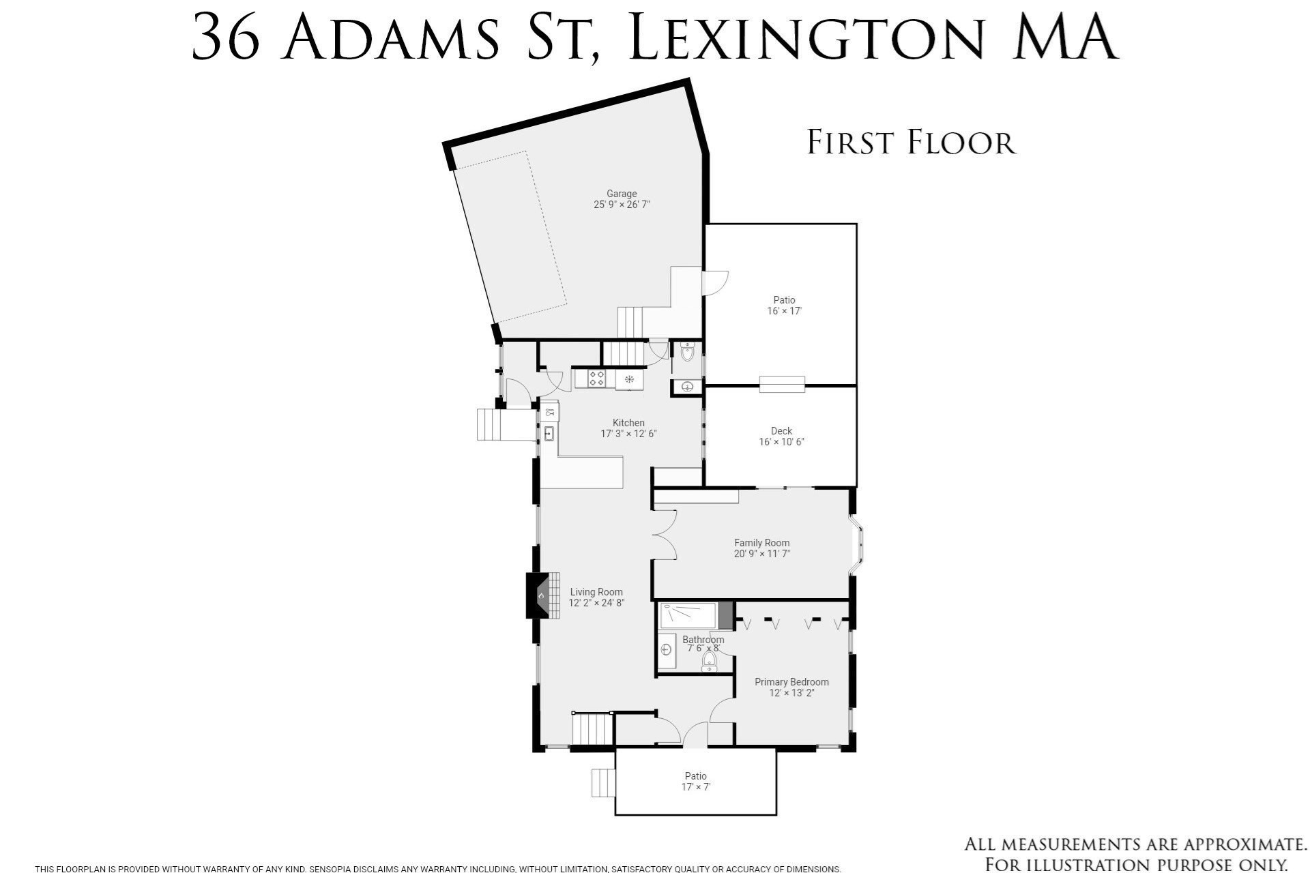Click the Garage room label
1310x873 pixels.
click(622, 194)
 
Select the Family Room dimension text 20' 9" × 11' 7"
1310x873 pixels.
click(761, 554)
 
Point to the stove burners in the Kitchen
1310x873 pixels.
click(596, 379)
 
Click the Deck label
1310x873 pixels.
click(781, 431)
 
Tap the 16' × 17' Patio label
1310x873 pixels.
click(784, 305)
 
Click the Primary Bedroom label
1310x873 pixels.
click(791, 682)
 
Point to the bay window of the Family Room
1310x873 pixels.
click(858, 546)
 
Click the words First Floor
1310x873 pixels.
click(911, 143)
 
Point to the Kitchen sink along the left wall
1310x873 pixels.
click(549, 433)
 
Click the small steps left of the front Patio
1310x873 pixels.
click(603, 782)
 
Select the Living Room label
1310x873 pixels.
click(596, 592)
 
